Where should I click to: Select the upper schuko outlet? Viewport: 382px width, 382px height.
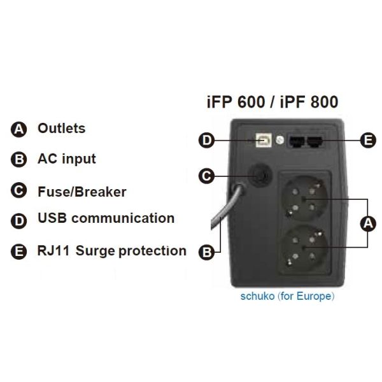coord(304,199)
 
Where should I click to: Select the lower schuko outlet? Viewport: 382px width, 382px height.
coord(304,248)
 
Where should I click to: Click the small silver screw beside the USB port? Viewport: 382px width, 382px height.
coord(279,140)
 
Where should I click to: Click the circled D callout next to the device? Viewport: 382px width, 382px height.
coord(206,140)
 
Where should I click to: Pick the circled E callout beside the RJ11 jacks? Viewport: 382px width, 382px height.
coord(368,140)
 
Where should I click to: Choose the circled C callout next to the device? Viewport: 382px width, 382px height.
coord(206,176)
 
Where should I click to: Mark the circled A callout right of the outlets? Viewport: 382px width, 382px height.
coord(368,223)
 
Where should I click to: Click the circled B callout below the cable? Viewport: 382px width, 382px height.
coord(206,252)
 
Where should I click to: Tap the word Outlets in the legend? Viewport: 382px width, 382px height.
coord(62,128)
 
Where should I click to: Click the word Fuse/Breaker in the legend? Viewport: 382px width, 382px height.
coord(82,192)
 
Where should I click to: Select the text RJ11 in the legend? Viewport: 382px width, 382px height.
coord(53,251)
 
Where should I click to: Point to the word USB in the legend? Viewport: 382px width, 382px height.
coord(52,218)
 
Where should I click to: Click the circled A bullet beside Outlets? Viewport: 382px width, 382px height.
coord(18,129)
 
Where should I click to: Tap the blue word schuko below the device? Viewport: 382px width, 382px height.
coord(257,296)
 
